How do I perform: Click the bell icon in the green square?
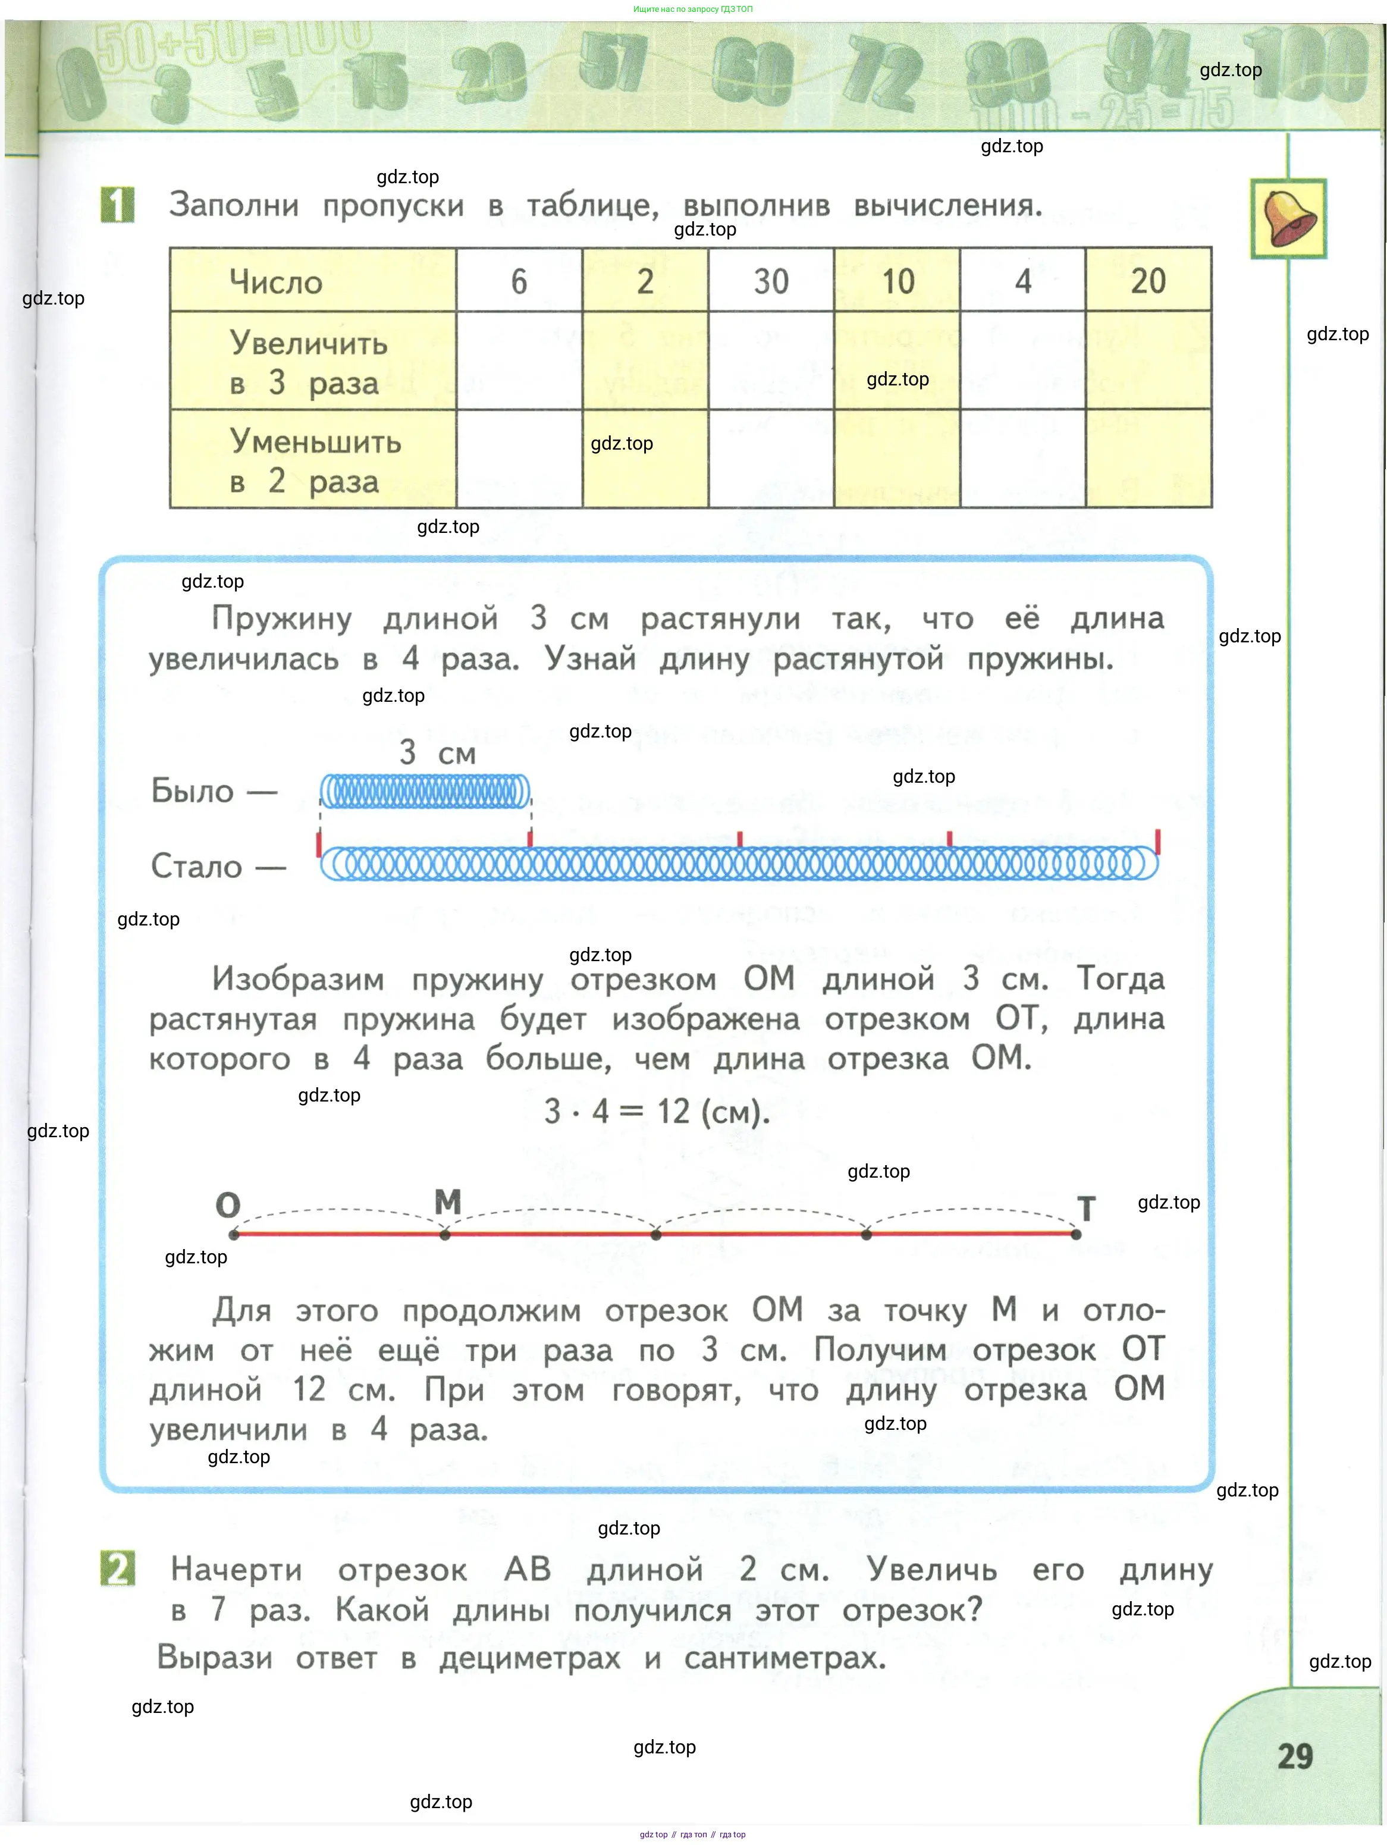tap(1289, 218)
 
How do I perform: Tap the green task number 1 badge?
tap(118, 205)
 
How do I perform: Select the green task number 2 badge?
tap(118, 1569)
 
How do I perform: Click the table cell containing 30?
tap(771, 281)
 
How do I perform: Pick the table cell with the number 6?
tap(519, 281)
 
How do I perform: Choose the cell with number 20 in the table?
tap(1148, 281)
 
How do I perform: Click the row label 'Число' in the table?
tap(276, 282)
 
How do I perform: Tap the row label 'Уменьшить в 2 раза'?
tap(315, 460)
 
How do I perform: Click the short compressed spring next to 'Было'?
tap(425, 790)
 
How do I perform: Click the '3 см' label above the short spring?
tap(437, 752)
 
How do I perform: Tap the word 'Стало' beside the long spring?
tap(196, 866)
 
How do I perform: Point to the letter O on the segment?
tap(228, 1205)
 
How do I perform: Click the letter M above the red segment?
tap(448, 1202)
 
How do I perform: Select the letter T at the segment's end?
tap(1086, 1209)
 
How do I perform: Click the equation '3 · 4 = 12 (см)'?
tap(657, 1111)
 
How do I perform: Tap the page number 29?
tap(1295, 1756)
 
